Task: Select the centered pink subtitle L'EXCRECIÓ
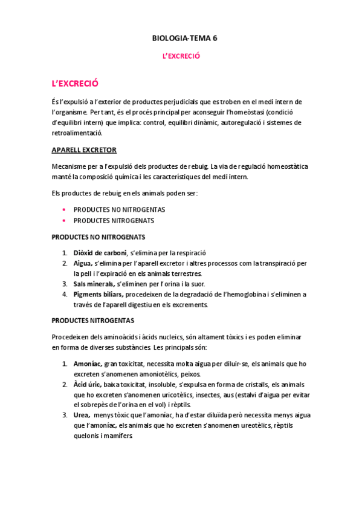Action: point(181,56)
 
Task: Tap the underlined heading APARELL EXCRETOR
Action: point(84,149)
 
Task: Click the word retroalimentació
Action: point(76,132)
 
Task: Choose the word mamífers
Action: point(117,436)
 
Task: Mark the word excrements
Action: point(187,304)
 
